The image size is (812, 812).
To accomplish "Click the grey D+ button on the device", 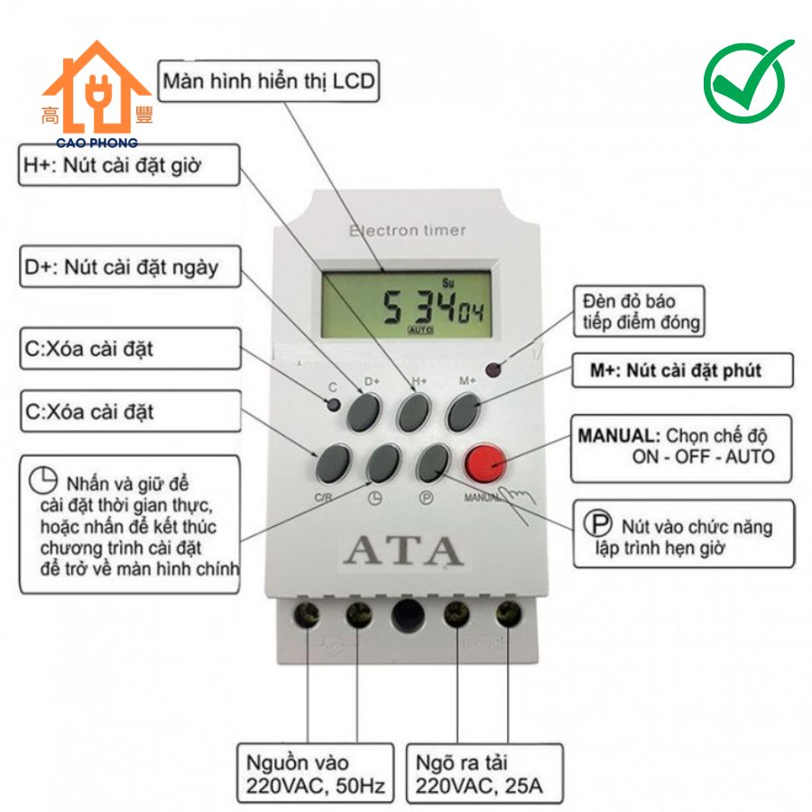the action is click(363, 412).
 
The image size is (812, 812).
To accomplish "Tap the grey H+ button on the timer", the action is click(414, 412).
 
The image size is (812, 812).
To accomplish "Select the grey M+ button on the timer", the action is click(464, 412).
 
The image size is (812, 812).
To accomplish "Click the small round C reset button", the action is click(334, 404).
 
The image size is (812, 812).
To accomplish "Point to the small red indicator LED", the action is click(493, 370).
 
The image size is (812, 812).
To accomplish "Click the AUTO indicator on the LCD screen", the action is click(420, 330).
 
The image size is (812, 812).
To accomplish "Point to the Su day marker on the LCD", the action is click(448, 282).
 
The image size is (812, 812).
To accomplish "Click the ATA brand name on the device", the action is click(403, 550).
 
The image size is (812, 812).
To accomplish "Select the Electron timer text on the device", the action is click(408, 230).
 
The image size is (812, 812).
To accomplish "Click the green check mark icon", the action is click(748, 80).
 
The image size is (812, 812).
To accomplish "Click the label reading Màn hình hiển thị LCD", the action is click(268, 81).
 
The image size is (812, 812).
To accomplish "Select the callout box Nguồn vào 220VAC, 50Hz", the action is click(316, 774).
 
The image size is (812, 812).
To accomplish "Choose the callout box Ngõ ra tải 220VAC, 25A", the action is click(484, 774).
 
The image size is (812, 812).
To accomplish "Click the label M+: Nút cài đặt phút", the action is click(683, 370).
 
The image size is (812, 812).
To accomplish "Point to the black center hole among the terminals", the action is click(408, 615).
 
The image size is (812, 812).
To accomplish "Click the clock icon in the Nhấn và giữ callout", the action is click(43, 480).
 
